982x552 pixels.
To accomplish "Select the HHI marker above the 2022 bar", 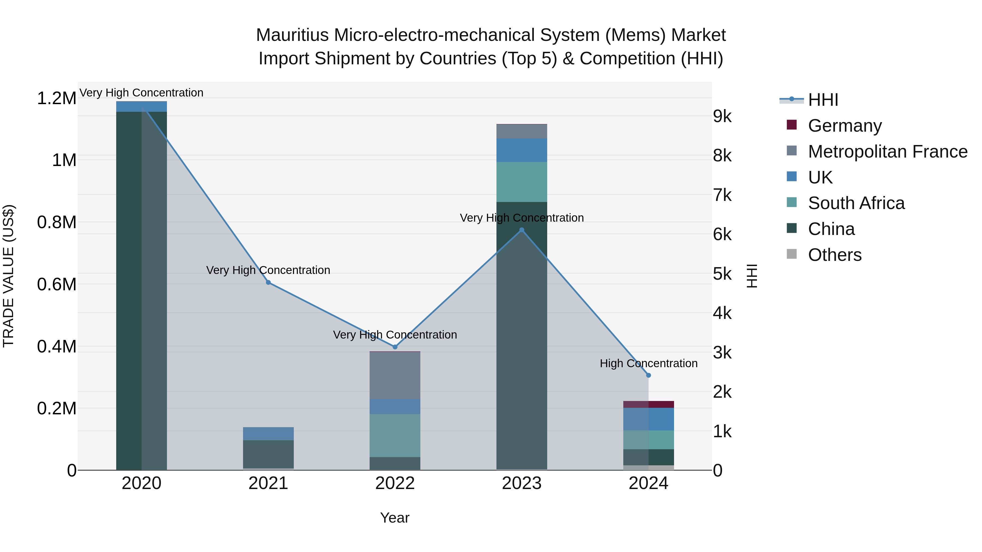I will (395, 347).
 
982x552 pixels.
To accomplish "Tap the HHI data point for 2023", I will (522, 230).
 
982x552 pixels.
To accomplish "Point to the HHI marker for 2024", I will (648, 375).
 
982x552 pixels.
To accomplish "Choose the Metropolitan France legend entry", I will (887, 152).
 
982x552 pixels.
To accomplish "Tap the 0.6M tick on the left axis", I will (56, 285).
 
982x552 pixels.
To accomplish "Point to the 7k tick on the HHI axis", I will (722, 195).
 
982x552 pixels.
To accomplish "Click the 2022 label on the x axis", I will (395, 483).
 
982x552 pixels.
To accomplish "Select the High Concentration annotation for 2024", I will (648, 363).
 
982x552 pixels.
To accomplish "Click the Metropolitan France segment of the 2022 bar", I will (395, 375).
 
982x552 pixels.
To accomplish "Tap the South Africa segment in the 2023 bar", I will (522, 182).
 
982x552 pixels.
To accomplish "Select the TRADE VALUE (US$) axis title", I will (8, 276).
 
